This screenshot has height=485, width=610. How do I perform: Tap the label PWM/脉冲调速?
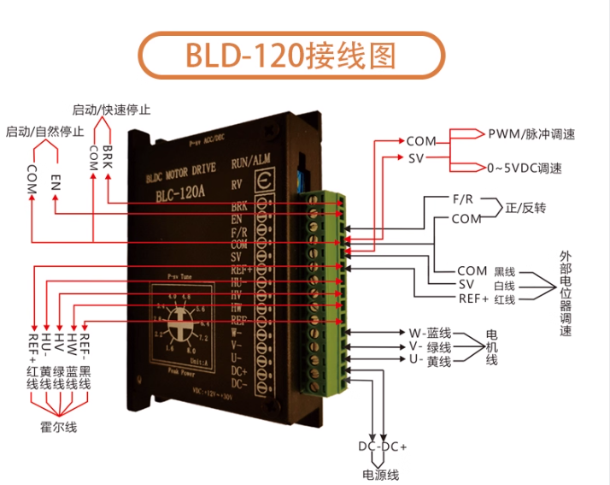click(x=531, y=134)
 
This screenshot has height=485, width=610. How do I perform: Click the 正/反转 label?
click(x=525, y=208)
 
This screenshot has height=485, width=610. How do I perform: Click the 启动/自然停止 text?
click(x=44, y=132)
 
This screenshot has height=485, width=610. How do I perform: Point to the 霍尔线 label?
click(x=59, y=425)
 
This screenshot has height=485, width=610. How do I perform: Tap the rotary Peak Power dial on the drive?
click(x=180, y=322)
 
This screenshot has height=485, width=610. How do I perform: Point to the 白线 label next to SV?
click(x=505, y=285)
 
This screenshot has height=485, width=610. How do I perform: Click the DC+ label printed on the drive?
click(x=239, y=372)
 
